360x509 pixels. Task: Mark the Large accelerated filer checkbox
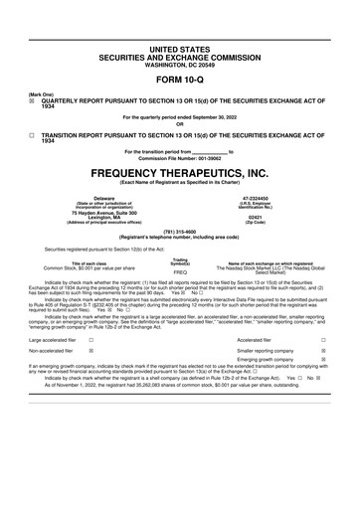(91, 339)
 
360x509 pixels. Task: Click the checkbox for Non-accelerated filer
(91, 351)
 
